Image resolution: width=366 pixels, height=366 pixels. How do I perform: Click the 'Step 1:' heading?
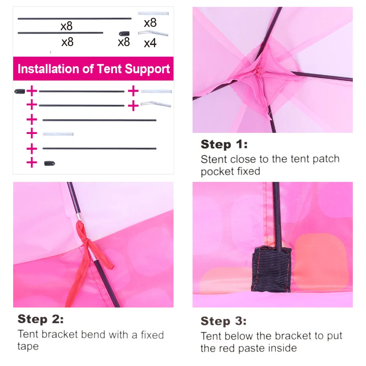[x=224, y=144]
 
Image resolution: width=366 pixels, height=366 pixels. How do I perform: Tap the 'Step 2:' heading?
[x=41, y=319]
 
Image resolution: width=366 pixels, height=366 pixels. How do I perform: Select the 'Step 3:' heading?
[x=223, y=321]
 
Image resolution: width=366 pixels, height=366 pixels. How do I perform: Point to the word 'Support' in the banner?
[x=147, y=69]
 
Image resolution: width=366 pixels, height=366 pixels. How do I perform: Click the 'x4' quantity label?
[x=150, y=43]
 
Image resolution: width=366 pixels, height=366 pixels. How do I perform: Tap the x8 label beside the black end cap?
[x=124, y=42]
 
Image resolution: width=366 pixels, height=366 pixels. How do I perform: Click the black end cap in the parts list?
[x=124, y=34]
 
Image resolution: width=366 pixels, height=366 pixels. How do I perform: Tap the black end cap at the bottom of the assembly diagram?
[x=49, y=163]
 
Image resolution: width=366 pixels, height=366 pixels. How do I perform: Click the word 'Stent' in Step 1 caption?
[x=214, y=159]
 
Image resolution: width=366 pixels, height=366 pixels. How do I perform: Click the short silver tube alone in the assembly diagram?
[x=58, y=134]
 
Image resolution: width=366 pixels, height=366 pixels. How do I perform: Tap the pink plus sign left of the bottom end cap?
[x=32, y=163]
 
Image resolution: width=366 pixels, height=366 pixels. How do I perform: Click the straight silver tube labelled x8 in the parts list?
[x=153, y=13]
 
